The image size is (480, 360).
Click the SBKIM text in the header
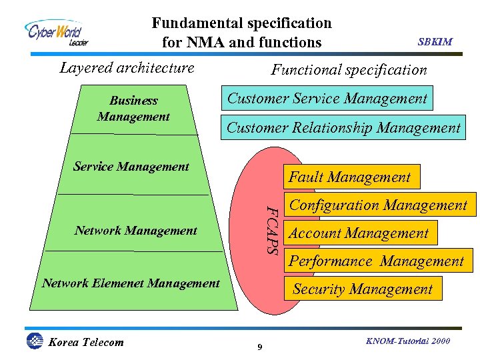click(x=435, y=41)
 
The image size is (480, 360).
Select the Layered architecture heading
click(x=127, y=67)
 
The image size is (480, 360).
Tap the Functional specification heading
click(x=349, y=69)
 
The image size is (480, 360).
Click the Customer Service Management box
click(x=327, y=99)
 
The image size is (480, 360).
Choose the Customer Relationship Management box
click(x=343, y=128)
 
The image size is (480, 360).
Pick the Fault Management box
click(x=349, y=177)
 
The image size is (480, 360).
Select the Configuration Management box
click(x=378, y=205)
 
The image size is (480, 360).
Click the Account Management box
click(x=358, y=233)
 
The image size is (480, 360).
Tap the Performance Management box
click(x=376, y=261)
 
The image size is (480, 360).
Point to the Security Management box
click(x=363, y=289)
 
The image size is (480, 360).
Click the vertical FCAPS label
click(x=271, y=229)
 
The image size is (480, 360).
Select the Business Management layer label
click(x=133, y=109)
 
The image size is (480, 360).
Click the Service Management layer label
click(x=131, y=167)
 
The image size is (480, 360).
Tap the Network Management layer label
click(x=136, y=231)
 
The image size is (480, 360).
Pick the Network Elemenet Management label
click(x=131, y=283)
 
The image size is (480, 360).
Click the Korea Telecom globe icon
click(x=34, y=341)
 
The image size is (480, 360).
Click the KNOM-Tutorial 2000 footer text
click(x=408, y=341)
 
